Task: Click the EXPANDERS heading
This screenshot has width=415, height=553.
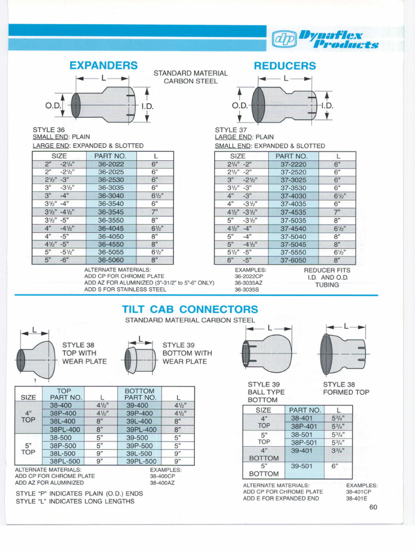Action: (x=104, y=65)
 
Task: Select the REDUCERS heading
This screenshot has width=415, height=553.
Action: (x=285, y=66)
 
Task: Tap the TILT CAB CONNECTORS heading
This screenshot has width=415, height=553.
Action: (x=190, y=309)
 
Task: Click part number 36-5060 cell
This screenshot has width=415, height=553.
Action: (x=111, y=260)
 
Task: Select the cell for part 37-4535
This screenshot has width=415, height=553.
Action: (x=293, y=212)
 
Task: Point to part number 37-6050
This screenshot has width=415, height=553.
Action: (x=293, y=260)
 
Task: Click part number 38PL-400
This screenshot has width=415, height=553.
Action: (x=65, y=429)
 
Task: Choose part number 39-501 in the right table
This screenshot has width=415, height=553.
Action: (x=302, y=466)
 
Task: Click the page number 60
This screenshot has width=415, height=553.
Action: (x=373, y=507)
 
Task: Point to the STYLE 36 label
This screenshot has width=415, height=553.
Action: (x=49, y=130)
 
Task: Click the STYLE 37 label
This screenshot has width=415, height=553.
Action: (x=231, y=130)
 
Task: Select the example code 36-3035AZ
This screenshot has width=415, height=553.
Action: (x=249, y=282)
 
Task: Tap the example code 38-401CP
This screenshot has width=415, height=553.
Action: (x=359, y=492)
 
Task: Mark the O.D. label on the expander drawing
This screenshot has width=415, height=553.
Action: (x=53, y=105)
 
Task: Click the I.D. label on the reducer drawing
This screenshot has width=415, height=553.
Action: (x=327, y=105)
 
